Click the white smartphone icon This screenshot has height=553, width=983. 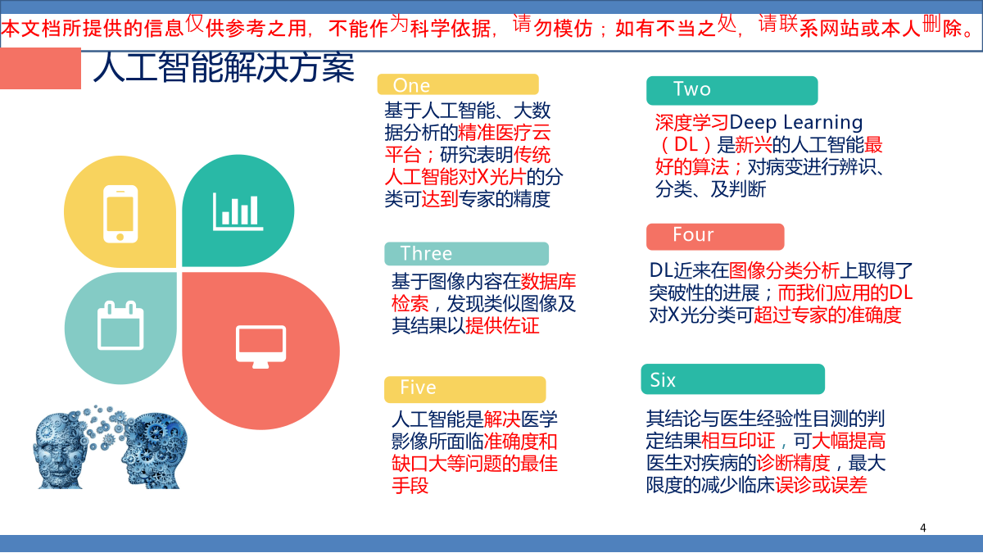tap(120, 214)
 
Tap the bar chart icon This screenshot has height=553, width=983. tap(238, 211)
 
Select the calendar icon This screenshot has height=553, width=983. tap(120, 325)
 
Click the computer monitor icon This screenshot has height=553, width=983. tap(260, 347)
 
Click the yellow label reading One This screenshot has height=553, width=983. tap(458, 84)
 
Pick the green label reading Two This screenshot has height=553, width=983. tap(732, 90)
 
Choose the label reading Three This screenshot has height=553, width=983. tap(466, 254)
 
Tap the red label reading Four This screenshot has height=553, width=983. tap(715, 237)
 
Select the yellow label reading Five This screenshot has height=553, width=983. tap(464, 389)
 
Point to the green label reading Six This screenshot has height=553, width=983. tap(733, 379)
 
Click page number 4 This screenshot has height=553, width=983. tap(923, 528)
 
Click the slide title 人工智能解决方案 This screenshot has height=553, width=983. tap(224, 67)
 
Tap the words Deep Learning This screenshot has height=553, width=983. tap(796, 122)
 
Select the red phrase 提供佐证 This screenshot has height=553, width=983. tap(502, 326)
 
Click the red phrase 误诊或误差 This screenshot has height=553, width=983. tap(821, 485)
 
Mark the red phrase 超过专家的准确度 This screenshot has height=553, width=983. tap(827, 315)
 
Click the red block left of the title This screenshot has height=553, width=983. tap(40, 69)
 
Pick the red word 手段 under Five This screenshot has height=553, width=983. tap(410, 486)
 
